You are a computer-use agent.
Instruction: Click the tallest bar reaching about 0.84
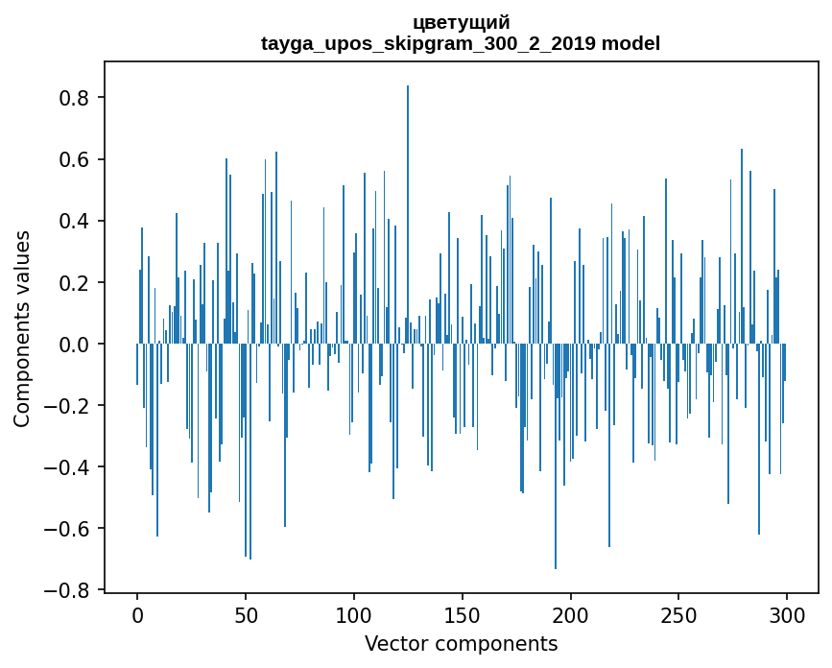[x=408, y=192]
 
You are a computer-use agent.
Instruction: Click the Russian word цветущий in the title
[x=461, y=22]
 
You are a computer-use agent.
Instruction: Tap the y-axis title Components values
[x=22, y=328]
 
